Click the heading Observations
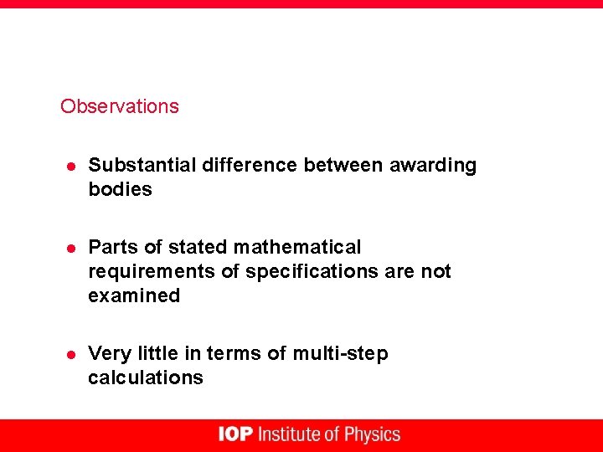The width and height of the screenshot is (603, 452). point(119,106)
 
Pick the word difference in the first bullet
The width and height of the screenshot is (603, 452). point(250,165)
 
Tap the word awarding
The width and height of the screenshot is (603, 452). point(433,165)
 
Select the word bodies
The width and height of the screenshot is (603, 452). point(120,189)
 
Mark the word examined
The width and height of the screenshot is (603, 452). point(134,295)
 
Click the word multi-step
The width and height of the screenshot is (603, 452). point(340,353)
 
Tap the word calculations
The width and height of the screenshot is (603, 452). point(145,378)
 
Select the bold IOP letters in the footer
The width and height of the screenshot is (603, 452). point(235,434)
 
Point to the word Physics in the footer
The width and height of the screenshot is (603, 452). point(373,434)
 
